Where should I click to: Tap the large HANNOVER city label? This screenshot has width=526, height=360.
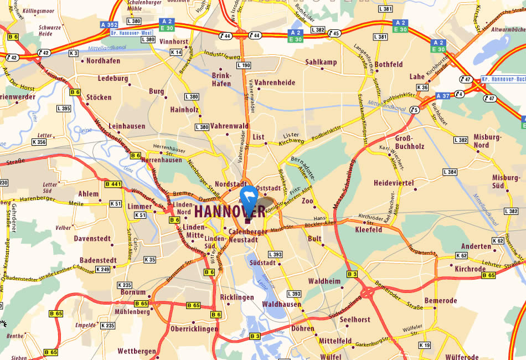click(230, 212)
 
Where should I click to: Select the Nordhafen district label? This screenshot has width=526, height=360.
click(104, 61)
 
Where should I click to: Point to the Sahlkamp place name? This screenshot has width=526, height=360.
click(321, 62)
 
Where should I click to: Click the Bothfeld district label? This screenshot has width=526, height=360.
click(389, 64)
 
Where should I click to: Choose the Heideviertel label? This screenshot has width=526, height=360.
click(394, 183)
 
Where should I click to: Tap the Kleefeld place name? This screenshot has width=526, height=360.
click(368, 229)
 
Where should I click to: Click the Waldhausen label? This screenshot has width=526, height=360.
click(282, 305)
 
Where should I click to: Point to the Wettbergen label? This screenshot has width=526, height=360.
click(136, 351)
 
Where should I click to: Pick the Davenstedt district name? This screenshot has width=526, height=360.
click(92, 239)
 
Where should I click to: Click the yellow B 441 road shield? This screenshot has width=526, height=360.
click(113, 184)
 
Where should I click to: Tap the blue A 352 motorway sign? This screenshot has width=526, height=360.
click(109, 25)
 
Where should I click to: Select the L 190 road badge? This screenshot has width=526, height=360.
click(244, 65)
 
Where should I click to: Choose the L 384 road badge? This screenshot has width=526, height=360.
click(450, 173)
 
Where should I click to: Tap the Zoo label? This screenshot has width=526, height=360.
click(307, 202)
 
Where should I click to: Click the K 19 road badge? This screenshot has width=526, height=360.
click(425, 346)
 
